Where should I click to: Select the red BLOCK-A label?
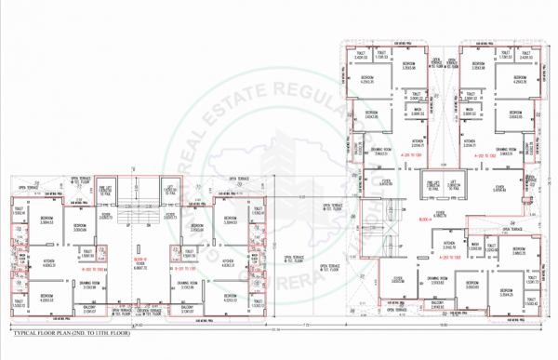click(426, 219)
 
